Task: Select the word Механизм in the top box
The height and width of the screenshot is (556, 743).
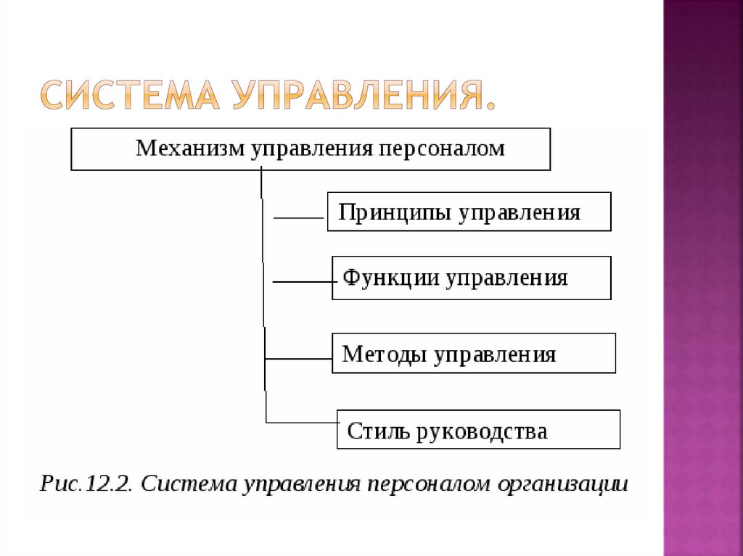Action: coord(191,149)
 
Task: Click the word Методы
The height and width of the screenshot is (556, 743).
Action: coord(385,354)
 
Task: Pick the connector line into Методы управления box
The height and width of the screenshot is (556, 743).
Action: coord(298,358)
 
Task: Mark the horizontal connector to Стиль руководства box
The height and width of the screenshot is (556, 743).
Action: coord(302,422)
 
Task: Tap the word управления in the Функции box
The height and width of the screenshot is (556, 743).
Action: coord(506,278)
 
